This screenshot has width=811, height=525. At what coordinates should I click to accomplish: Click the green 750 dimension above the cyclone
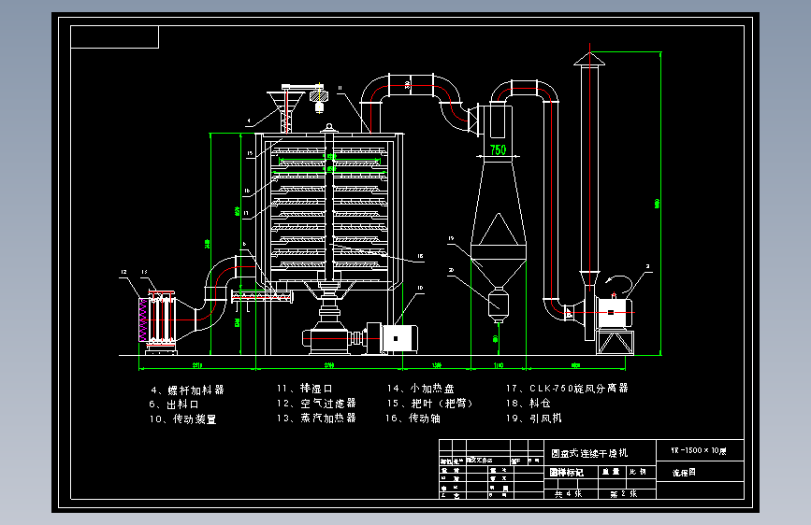click(x=498, y=149)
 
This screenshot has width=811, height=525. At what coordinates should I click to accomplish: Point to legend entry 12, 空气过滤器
click(x=315, y=404)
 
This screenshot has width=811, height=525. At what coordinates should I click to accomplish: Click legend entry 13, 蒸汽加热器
click(x=315, y=419)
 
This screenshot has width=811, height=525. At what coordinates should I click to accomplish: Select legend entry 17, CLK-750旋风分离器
click(x=566, y=389)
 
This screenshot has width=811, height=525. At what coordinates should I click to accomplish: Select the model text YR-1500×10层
click(x=699, y=451)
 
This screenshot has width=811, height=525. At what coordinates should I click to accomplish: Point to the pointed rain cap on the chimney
click(x=589, y=60)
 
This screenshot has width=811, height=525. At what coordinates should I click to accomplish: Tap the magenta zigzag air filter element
click(x=142, y=320)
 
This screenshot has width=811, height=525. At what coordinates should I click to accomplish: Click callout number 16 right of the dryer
click(x=420, y=256)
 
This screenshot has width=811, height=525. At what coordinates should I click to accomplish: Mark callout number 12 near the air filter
click(x=123, y=272)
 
